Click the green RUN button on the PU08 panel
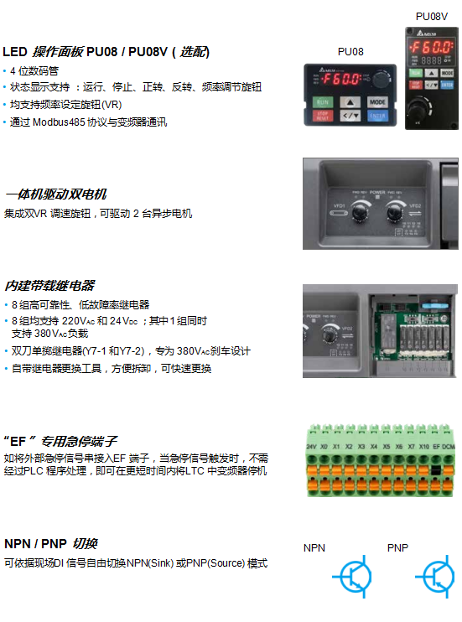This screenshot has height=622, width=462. [323, 101]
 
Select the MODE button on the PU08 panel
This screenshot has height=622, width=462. [377, 101]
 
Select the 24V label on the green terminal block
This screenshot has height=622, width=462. [311, 448]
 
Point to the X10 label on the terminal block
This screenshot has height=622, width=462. [424, 448]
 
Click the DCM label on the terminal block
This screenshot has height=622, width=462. [449, 448]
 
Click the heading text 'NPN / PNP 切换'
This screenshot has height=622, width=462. [51, 543]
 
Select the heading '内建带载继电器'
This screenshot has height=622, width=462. [49, 286]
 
